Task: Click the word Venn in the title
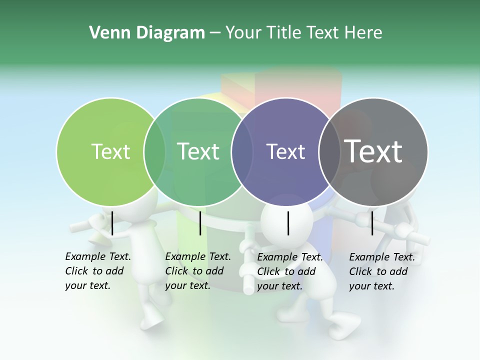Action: coord(105,33)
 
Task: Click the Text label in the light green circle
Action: coord(110,151)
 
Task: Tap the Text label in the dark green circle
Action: coord(198,151)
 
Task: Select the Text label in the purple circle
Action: coord(285,151)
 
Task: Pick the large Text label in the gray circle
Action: coord(373,151)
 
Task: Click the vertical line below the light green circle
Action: coord(112,223)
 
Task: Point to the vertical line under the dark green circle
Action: coord(200,223)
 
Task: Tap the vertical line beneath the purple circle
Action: coord(288,223)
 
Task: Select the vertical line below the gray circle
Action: coord(372,223)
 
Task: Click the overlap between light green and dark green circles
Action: coord(154,151)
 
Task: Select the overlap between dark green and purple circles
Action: coord(242,151)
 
